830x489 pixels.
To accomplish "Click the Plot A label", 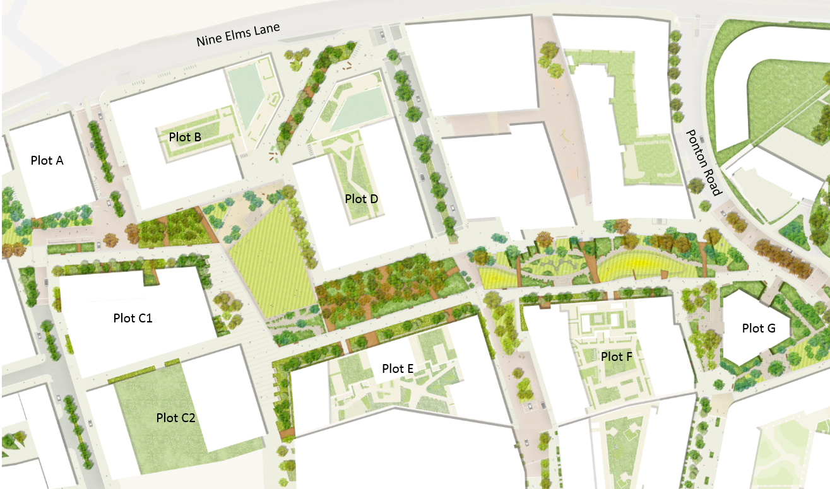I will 47,161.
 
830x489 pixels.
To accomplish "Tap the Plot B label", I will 185,136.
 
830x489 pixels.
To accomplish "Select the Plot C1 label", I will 133,318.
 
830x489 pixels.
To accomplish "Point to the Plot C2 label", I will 176,417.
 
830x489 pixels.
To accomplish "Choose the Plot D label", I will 362,199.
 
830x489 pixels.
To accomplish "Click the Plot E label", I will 398,368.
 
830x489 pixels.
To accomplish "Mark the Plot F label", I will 616,357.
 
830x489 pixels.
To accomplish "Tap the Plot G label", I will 758,328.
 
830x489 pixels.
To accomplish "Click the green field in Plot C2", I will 151,435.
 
